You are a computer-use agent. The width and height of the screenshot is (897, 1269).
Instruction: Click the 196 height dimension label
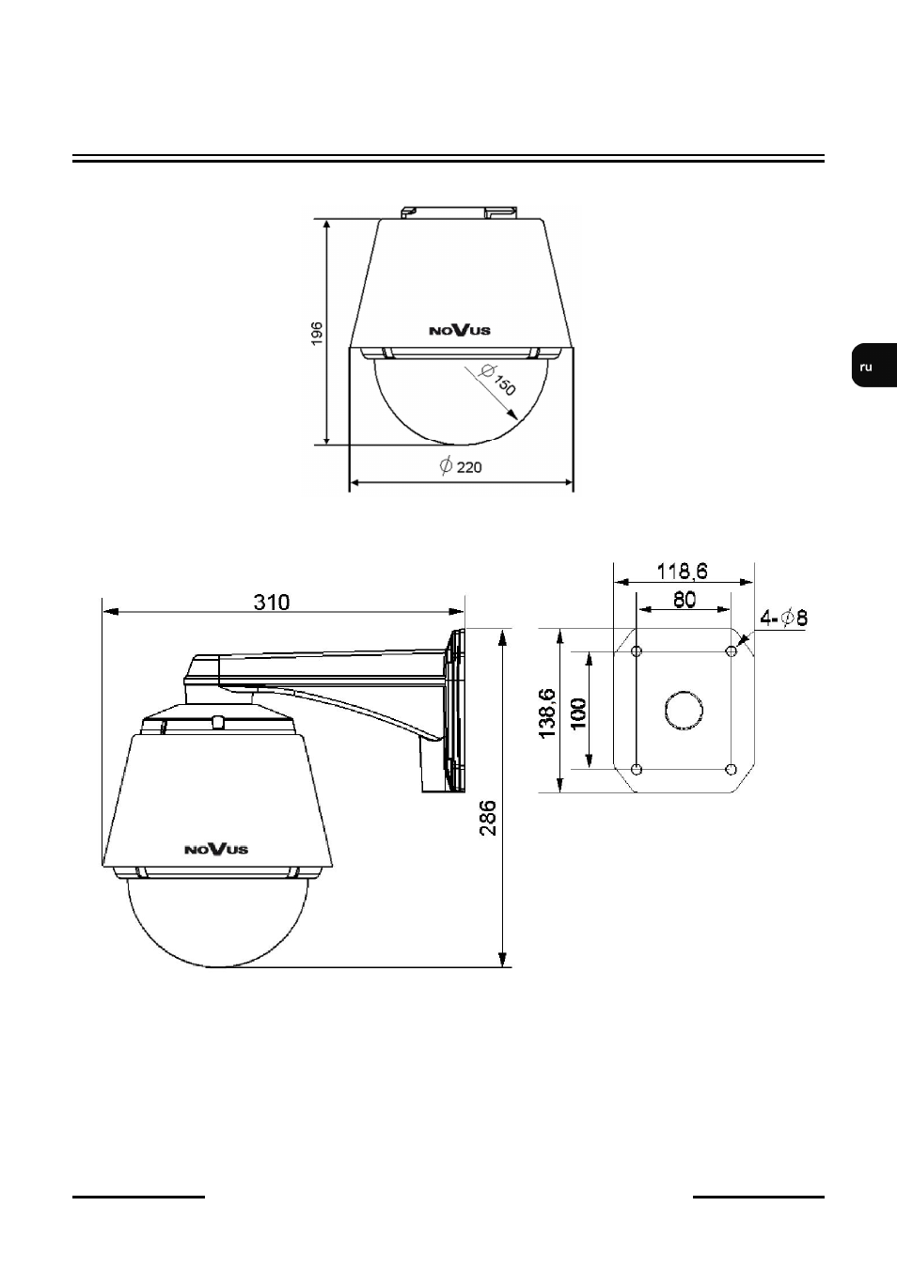(x=317, y=333)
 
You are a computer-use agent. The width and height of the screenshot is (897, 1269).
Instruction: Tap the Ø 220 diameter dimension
(x=461, y=466)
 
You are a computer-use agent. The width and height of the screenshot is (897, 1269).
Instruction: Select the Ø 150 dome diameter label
(x=497, y=380)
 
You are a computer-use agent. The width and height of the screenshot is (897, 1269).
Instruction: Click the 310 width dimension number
(x=272, y=603)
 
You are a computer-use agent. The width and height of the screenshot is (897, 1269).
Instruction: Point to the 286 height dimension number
(x=488, y=818)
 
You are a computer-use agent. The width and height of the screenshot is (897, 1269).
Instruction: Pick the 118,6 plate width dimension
(x=683, y=572)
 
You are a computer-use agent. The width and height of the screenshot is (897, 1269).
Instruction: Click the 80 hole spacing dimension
(x=685, y=600)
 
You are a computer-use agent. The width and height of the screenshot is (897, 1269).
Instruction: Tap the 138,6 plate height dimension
(x=548, y=713)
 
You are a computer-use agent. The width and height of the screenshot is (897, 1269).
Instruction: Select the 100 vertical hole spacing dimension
(x=578, y=713)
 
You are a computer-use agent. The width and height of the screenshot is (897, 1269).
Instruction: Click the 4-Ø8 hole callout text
(x=783, y=618)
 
